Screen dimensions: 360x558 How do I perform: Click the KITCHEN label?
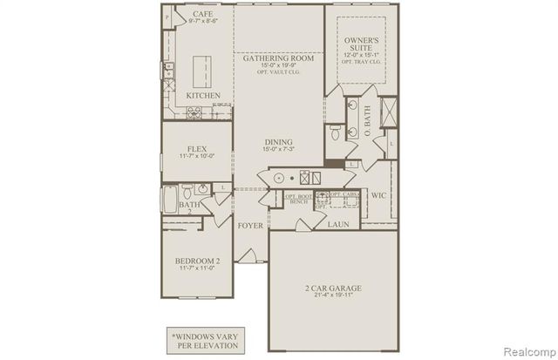tap(202, 95)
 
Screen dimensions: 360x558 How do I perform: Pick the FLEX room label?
tap(196, 148)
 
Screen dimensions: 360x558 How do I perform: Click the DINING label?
tap(279, 143)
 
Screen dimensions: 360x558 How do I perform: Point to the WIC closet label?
tap(378, 196)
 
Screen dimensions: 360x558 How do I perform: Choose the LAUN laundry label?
tap(338, 224)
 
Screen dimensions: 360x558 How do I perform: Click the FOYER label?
tap(251, 225)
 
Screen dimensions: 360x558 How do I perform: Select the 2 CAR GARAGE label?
tap(334, 287)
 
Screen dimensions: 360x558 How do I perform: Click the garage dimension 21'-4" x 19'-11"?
tap(334, 295)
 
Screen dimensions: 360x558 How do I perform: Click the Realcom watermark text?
tap(528, 350)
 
